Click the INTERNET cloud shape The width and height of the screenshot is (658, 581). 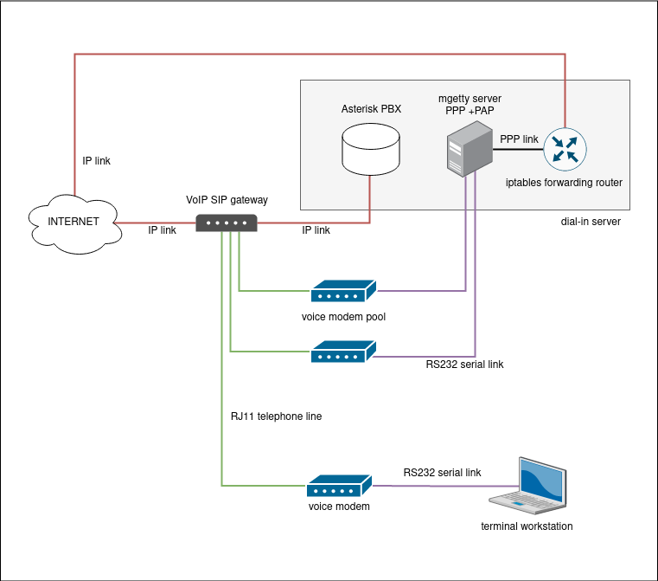[x=73, y=222]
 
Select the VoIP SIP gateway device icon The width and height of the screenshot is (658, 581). [x=227, y=223]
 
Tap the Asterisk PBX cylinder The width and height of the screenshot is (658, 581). [x=370, y=149]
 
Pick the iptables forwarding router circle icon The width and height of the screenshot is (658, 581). [x=565, y=148]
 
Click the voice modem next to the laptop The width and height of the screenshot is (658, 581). [x=339, y=486]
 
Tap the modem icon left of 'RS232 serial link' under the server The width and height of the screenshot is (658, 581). [x=343, y=352]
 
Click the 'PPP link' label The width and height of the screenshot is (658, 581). [x=519, y=139]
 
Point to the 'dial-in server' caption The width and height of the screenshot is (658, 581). [x=591, y=222]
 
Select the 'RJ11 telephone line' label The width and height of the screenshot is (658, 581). [x=276, y=416]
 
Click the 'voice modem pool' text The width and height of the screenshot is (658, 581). [x=343, y=317]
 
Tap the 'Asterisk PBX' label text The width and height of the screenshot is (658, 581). [x=371, y=109]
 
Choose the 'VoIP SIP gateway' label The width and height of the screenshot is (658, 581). [x=227, y=200]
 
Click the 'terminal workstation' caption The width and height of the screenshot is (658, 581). [x=527, y=526]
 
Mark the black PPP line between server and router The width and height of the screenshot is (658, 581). [x=518, y=149]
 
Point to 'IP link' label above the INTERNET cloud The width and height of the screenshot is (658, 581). [x=96, y=161]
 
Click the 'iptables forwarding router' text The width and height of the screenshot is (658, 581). [x=564, y=183]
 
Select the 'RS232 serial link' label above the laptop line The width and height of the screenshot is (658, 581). [x=442, y=473]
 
